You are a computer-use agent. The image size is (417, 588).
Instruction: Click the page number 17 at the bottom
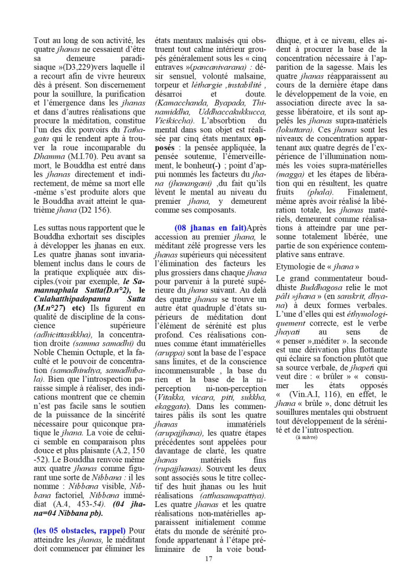pos(209,559)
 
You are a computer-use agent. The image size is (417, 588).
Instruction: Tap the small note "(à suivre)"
pos(307,437)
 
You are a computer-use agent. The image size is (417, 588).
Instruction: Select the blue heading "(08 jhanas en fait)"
pos(210,228)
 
